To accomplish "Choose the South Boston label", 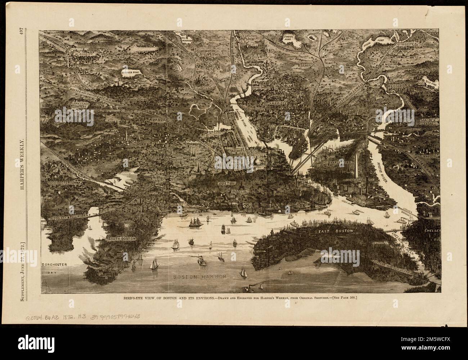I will point(121,239).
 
